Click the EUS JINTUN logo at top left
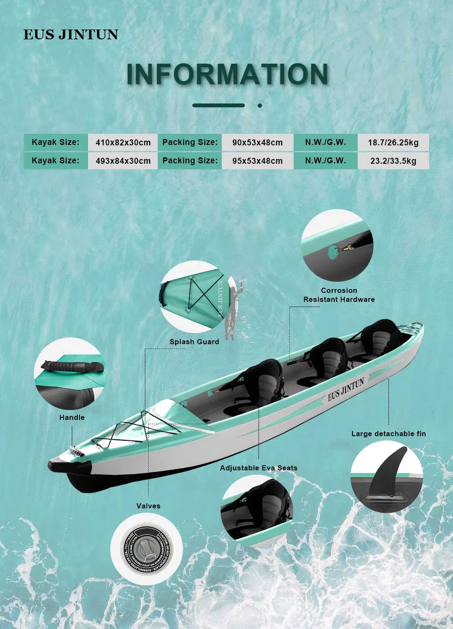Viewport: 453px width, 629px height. (x=71, y=35)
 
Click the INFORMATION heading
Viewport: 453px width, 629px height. (x=227, y=74)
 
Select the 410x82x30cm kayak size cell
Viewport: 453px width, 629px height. (x=123, y=143)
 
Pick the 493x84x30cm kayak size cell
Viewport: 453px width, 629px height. (x=123, y=161)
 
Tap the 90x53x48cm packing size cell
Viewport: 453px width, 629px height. (x=257, y=143)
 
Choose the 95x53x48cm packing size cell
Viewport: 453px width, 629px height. (x=257, y=161)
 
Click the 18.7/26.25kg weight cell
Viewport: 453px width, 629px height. (x=393, y=143)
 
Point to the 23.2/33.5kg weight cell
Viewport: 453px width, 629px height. (x=393, y=161)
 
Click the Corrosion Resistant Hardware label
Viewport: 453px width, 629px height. (x=339, y=295)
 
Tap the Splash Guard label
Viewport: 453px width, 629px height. (x=194, y=342)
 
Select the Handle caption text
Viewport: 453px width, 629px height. (x=72, y=417)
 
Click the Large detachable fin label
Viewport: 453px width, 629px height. (x=388, y=434)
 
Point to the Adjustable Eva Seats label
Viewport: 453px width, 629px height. (x=259, y=468)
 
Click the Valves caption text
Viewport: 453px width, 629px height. (x=148, y=506)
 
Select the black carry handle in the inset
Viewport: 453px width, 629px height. (x=73, y=367)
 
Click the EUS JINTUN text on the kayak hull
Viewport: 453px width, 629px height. (x=346, y=389)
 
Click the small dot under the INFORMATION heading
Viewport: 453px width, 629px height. (x=260, y=105)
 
